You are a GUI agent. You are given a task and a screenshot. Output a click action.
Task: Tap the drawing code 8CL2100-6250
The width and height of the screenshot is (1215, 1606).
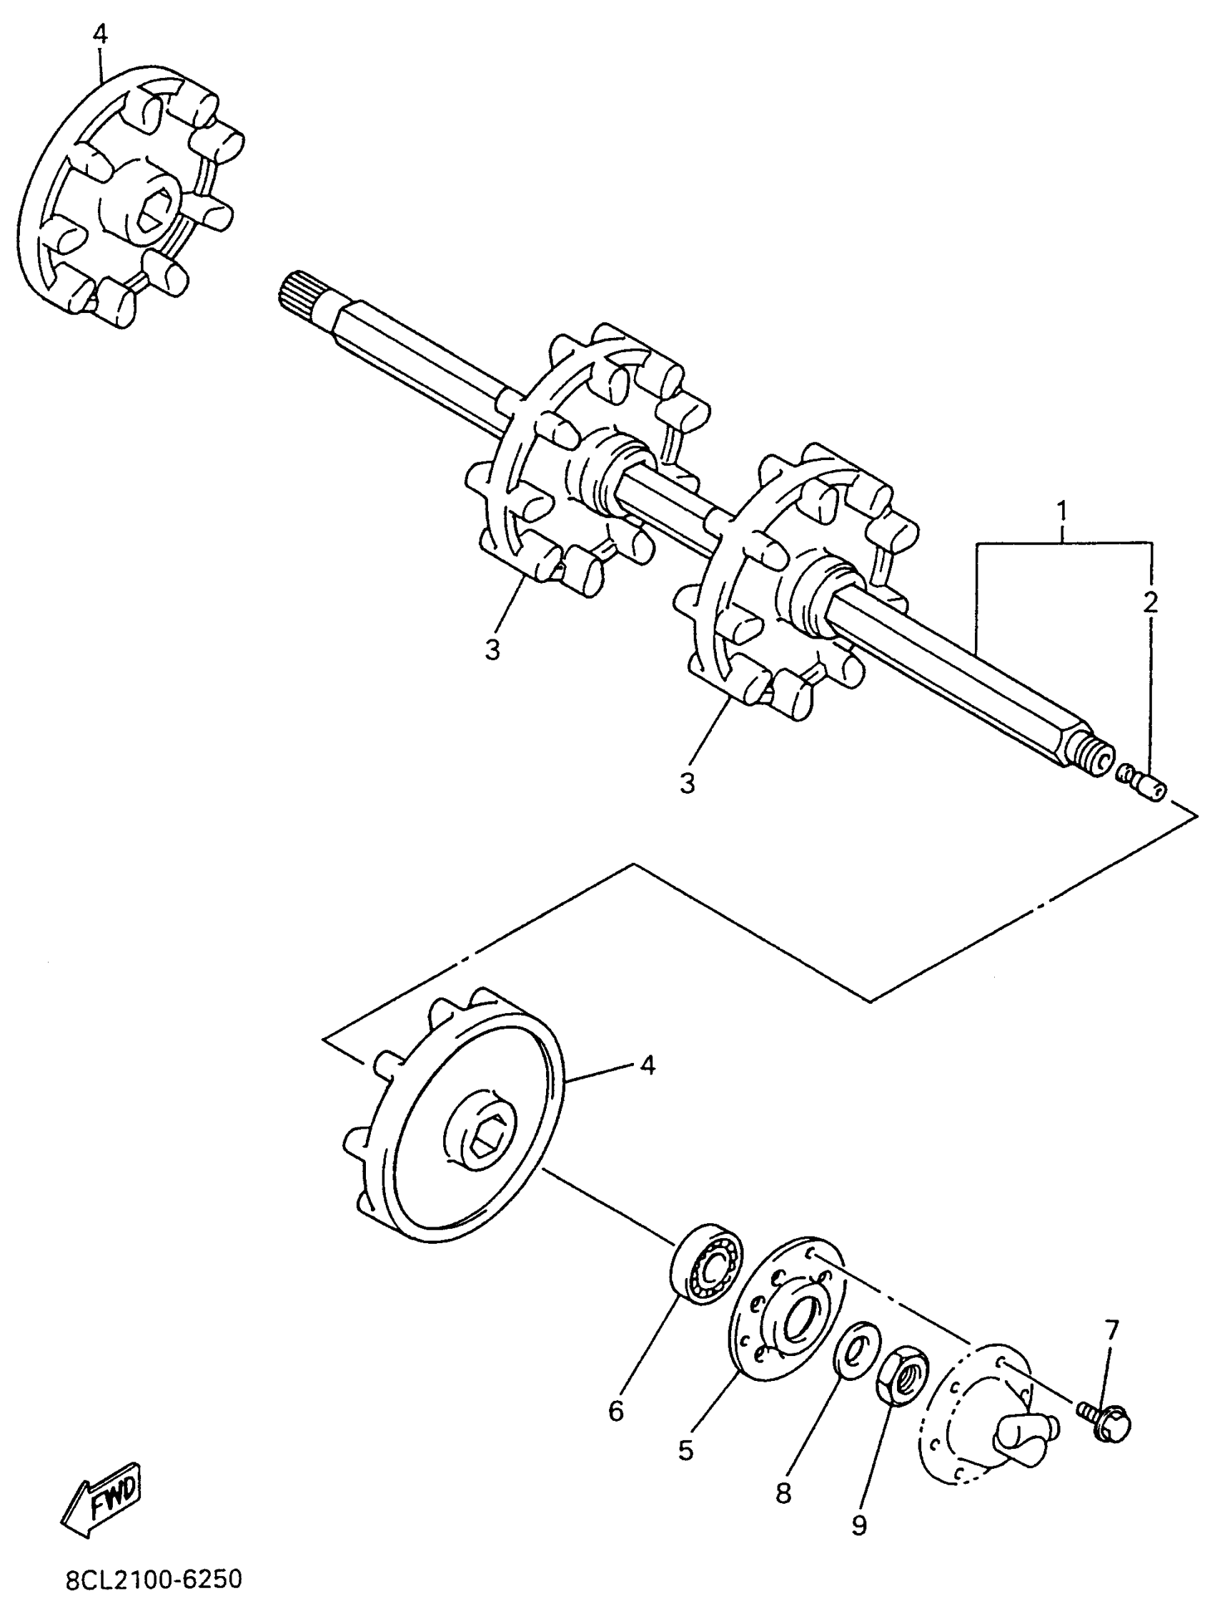point(153,1580)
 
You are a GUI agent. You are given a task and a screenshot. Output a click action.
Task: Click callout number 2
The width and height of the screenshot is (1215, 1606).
point(1150,602)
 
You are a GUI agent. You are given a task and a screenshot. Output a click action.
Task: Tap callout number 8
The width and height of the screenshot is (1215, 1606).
point(783,1492)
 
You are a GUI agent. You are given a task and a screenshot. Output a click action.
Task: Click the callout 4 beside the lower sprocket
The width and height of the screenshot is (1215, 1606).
point(647,1065)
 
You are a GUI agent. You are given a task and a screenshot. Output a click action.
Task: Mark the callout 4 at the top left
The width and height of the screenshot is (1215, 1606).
point(100,35)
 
